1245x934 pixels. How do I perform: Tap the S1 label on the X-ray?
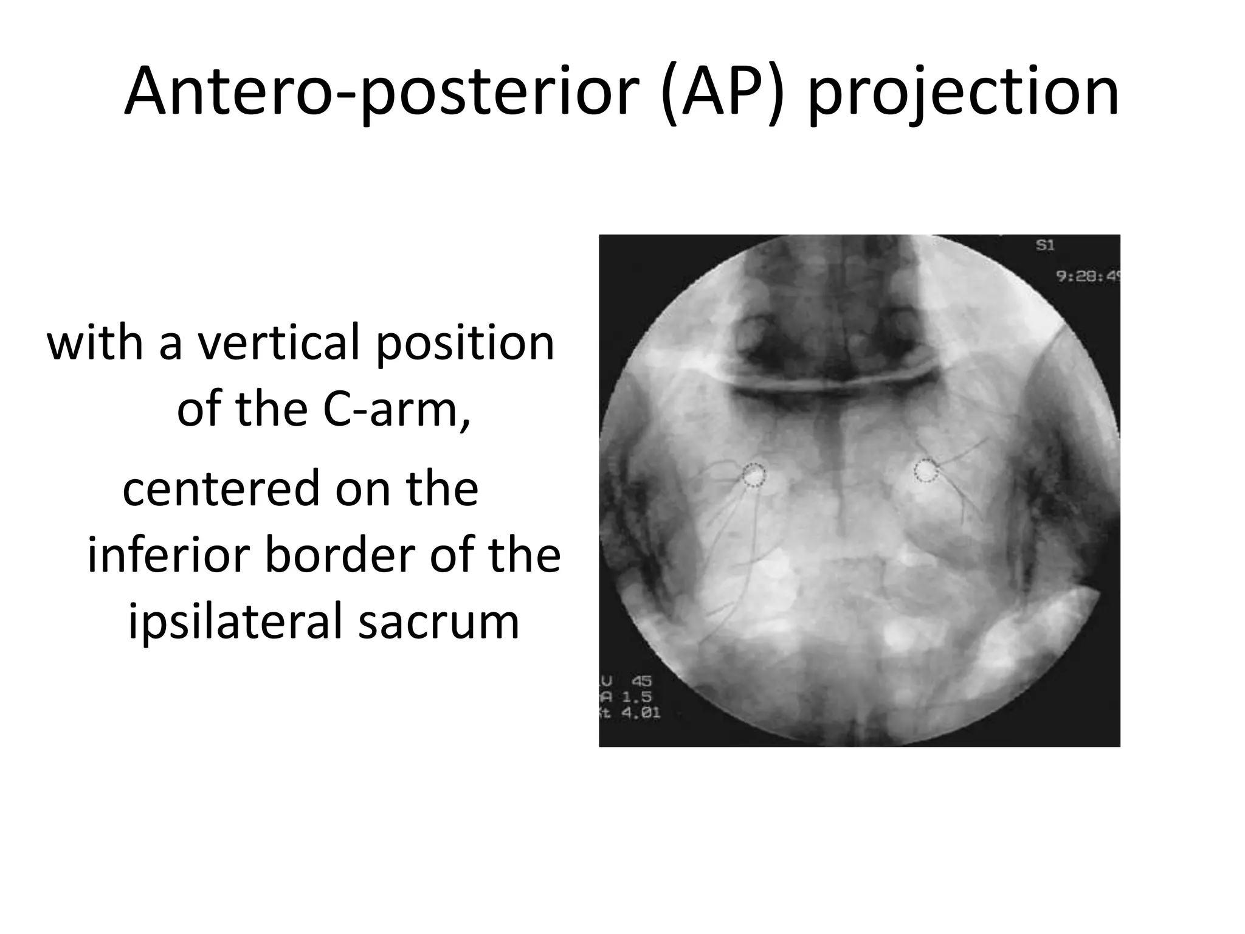coord(1044,246)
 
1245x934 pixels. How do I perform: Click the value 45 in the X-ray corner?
coord(641,681)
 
